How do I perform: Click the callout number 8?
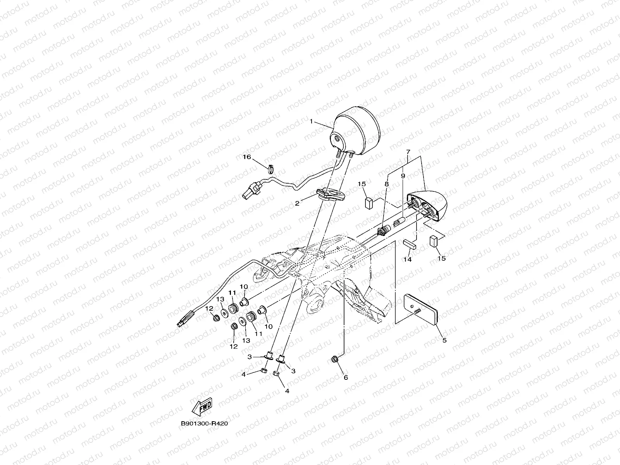coord(386,185)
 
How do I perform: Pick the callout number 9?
coord(403,176)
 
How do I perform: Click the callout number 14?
coord(407,260)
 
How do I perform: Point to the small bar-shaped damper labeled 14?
coord(408,243)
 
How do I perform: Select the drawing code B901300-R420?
coord(204,424)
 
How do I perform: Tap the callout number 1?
coord(311,121)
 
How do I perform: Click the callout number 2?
coord(297,203)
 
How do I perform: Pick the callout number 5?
coord(444,340)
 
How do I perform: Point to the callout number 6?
coord(346,377)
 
